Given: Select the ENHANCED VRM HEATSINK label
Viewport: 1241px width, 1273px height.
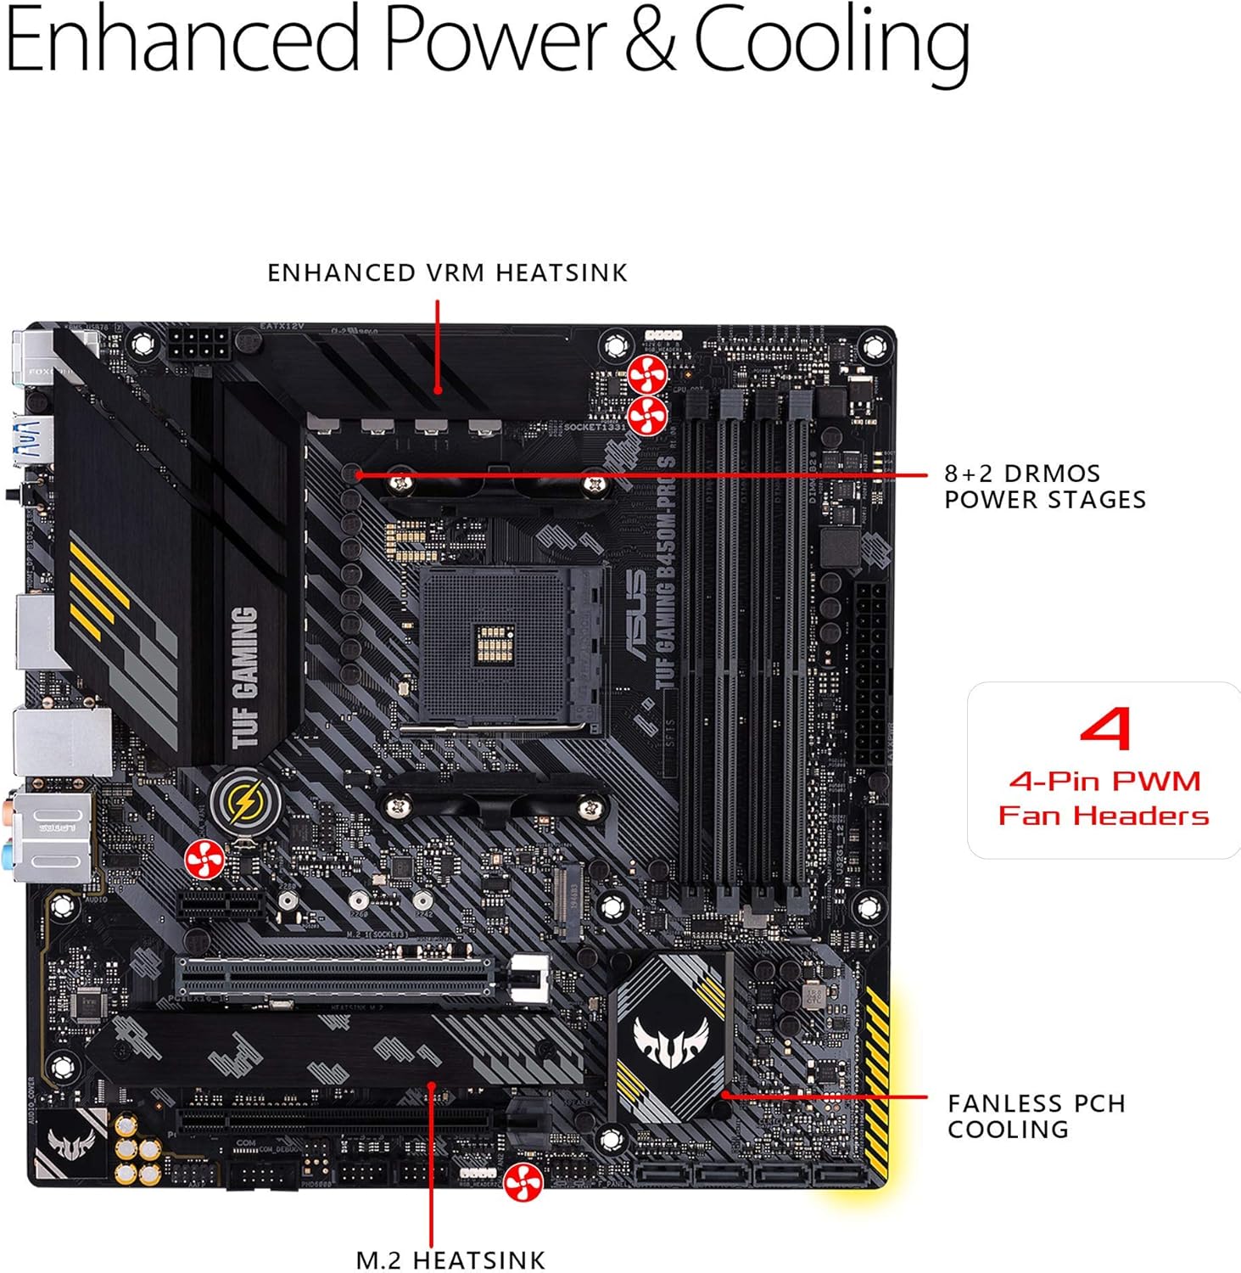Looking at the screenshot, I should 447,272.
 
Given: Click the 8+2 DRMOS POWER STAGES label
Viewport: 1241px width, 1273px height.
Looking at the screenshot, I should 1044,486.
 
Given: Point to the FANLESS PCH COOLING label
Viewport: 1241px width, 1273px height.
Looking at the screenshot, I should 1036,1116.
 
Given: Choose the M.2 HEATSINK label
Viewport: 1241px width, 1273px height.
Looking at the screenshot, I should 450,1259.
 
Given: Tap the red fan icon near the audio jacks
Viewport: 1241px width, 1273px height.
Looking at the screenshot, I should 204,861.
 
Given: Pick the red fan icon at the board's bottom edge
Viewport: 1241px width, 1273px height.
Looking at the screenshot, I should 523,1182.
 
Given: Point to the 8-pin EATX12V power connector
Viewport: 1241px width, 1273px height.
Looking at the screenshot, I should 198,346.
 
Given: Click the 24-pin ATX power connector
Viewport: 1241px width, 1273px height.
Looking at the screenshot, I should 870,670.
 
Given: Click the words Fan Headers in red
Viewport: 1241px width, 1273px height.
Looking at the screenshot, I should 1104,816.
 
